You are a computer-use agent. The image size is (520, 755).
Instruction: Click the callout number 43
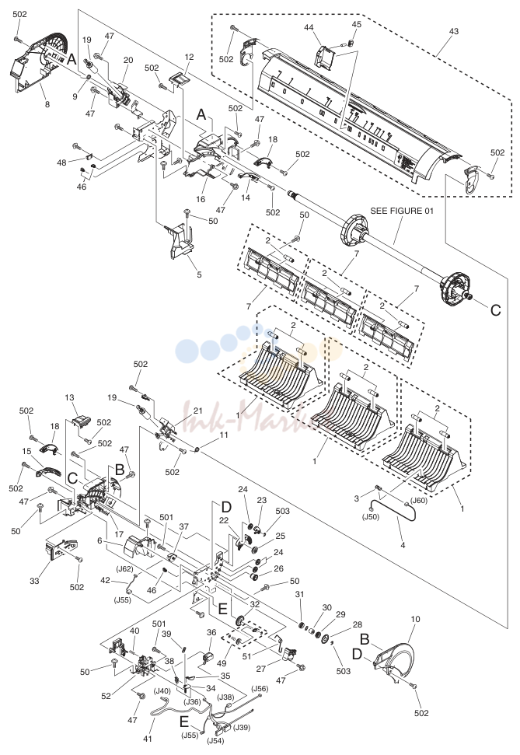coord(454,31)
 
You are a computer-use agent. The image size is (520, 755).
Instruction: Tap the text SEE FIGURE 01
coord(402,211)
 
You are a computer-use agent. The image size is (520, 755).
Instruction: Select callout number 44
coord(309,28)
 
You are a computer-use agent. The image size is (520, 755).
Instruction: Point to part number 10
coord(416,619)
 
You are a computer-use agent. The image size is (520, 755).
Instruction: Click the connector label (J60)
coord(418,500)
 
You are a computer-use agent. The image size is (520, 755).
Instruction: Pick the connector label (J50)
coord(370,517)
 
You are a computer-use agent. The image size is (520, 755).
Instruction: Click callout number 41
coord(148,739)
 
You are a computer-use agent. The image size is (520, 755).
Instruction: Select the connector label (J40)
coord(162,691)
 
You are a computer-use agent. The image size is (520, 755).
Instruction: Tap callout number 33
coord(34,581)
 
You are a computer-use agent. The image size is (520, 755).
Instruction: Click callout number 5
coord(199,275)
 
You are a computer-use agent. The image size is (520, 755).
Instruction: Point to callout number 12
coord(189,57)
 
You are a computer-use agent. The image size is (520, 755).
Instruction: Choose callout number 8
coord(47,104)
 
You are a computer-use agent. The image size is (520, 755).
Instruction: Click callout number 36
coord(211,632)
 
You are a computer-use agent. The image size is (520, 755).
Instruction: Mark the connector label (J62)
coord(124,568)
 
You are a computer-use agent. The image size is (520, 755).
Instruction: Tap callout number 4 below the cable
coord(403,545)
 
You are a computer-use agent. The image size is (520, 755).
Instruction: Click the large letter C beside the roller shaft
coord(495,310)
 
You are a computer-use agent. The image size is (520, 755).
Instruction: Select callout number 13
coord(69,397)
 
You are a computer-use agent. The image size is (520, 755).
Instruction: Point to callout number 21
coord(198,410)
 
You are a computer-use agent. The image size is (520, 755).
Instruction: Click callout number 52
coord(106,695)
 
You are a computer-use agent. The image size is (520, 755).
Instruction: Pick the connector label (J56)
coord(260,689)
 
